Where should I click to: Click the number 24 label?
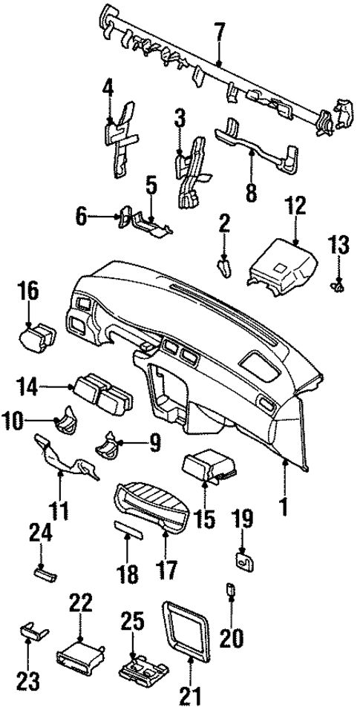coord(39,532)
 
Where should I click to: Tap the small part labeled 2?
coord(223,266)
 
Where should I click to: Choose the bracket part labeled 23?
coord(33,631)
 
